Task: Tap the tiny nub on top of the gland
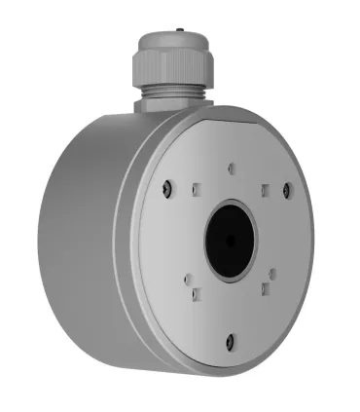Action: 178,24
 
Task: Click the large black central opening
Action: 230,240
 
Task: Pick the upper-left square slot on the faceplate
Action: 196,189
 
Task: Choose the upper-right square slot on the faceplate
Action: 263,191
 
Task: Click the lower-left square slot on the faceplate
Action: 196,291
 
